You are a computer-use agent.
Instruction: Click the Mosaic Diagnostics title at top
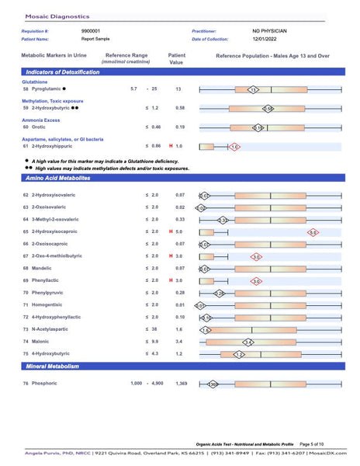point(57,15)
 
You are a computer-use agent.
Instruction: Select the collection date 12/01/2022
point(266,39)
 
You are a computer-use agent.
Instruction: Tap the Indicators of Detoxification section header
point(62,71)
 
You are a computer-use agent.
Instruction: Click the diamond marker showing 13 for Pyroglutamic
point(253,90)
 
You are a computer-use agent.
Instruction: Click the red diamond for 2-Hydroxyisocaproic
point(313,231)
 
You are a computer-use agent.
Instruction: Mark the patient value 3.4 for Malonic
point(180,341)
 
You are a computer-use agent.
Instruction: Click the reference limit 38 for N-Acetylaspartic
point(155,329)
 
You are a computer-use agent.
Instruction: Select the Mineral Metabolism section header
point(54,366)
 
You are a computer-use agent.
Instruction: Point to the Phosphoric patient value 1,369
point(182,384)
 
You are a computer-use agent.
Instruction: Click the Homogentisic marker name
point(48,305)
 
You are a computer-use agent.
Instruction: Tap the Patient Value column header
point(176,58)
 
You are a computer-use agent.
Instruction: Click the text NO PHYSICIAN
point(269,31)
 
